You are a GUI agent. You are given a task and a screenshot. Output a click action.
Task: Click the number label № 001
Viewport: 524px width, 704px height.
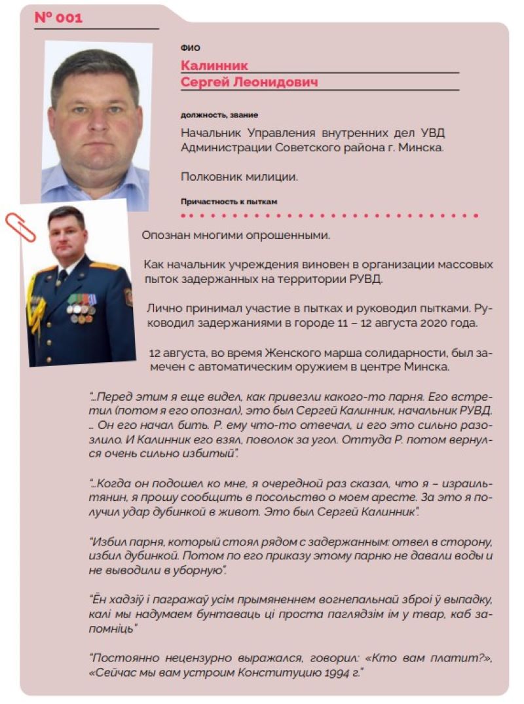coord(58,18)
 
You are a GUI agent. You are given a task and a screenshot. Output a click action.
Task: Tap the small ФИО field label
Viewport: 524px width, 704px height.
coord(190,48)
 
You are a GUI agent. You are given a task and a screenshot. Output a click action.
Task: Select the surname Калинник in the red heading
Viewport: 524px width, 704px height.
coord(214,65)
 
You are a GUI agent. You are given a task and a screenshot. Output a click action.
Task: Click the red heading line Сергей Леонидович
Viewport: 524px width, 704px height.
coord(249,83)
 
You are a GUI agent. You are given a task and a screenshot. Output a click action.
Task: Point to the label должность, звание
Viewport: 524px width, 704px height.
coord(219,115)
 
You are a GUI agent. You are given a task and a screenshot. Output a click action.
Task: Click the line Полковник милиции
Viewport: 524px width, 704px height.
coord(239,176)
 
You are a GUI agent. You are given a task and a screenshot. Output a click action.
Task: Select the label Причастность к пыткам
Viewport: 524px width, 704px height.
coord(229,202)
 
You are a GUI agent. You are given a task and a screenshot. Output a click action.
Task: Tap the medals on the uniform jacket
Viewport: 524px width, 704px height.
coord(81,307)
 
